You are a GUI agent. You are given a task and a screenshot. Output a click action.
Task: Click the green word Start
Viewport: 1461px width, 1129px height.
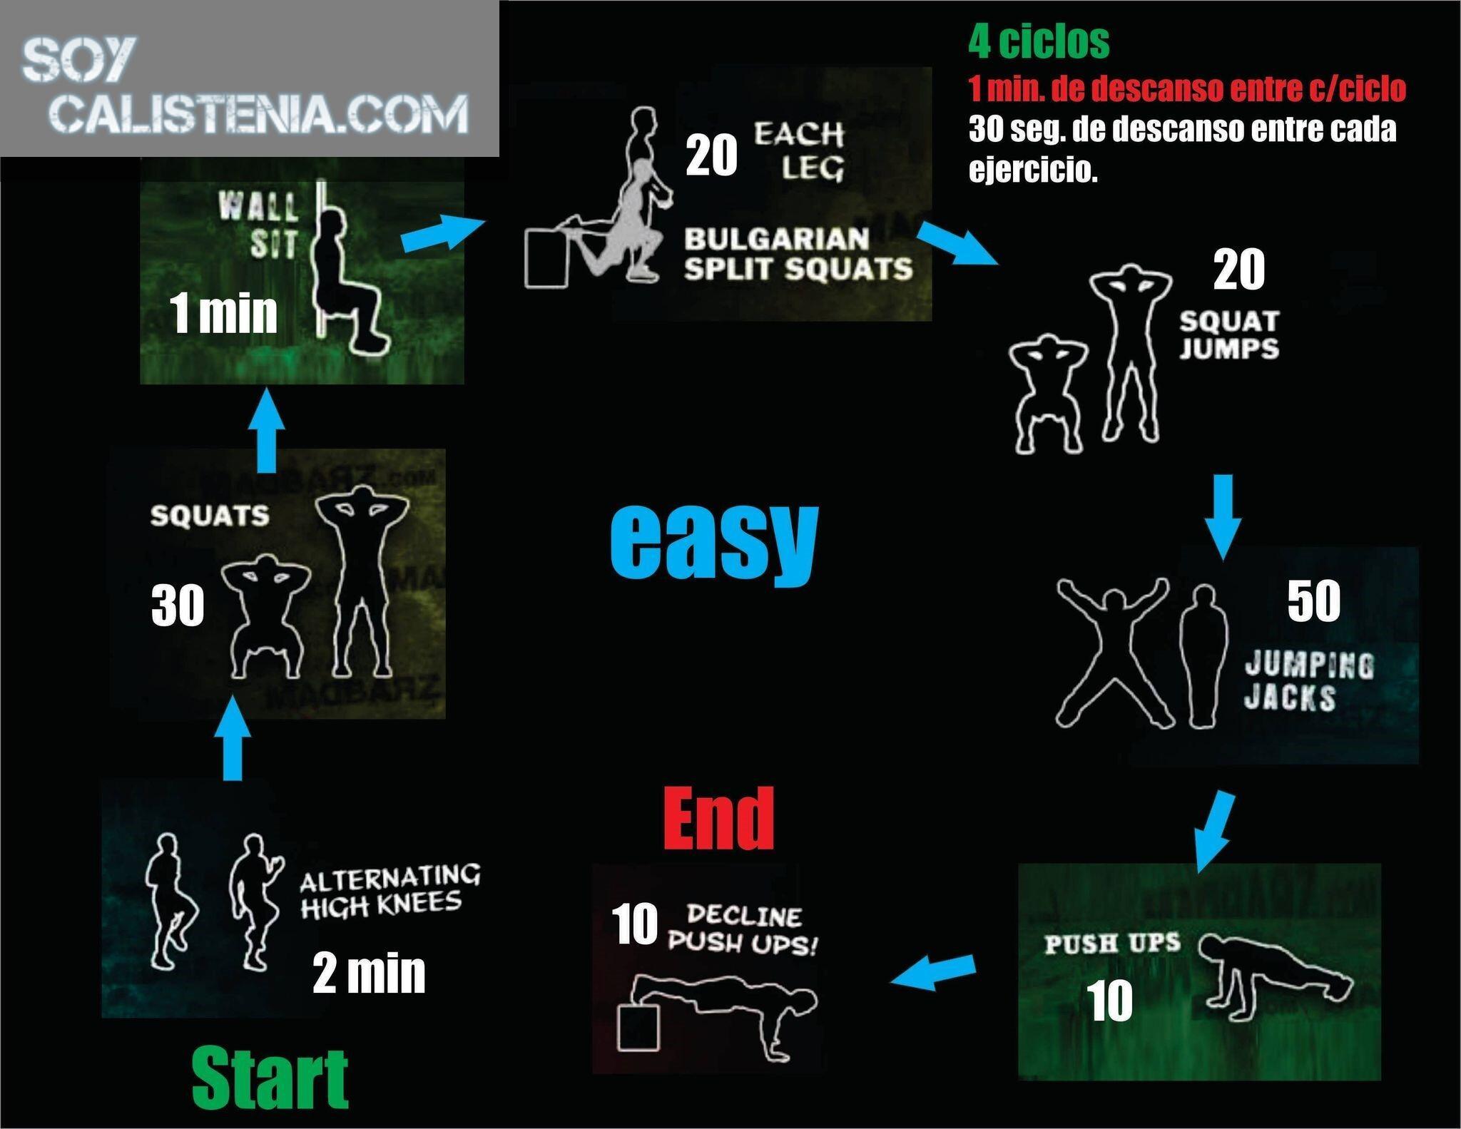270,1077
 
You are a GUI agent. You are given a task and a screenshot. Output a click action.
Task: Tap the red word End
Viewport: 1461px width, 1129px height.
718,818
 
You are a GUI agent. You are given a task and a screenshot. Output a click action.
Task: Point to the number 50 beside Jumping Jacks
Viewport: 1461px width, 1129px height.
1313,601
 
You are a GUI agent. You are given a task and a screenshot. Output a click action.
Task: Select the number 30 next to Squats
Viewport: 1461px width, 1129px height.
178,606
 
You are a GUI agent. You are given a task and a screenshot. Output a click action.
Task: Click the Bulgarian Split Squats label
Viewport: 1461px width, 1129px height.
798,254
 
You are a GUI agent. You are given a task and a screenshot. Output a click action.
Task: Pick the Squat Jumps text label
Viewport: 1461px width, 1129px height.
1229,335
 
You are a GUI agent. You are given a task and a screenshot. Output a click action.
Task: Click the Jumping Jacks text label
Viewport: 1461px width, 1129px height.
1308,682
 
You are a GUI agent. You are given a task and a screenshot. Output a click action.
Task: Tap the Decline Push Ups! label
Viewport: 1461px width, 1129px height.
743,929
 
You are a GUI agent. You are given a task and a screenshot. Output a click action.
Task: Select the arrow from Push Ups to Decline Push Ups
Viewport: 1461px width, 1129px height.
932,972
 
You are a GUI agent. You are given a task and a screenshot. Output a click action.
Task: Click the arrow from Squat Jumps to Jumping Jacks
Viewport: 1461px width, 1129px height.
1223,517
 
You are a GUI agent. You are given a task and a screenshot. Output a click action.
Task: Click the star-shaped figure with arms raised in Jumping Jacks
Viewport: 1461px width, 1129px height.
1113,651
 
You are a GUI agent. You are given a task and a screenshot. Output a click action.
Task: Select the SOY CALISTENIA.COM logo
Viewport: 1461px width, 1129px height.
245,86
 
